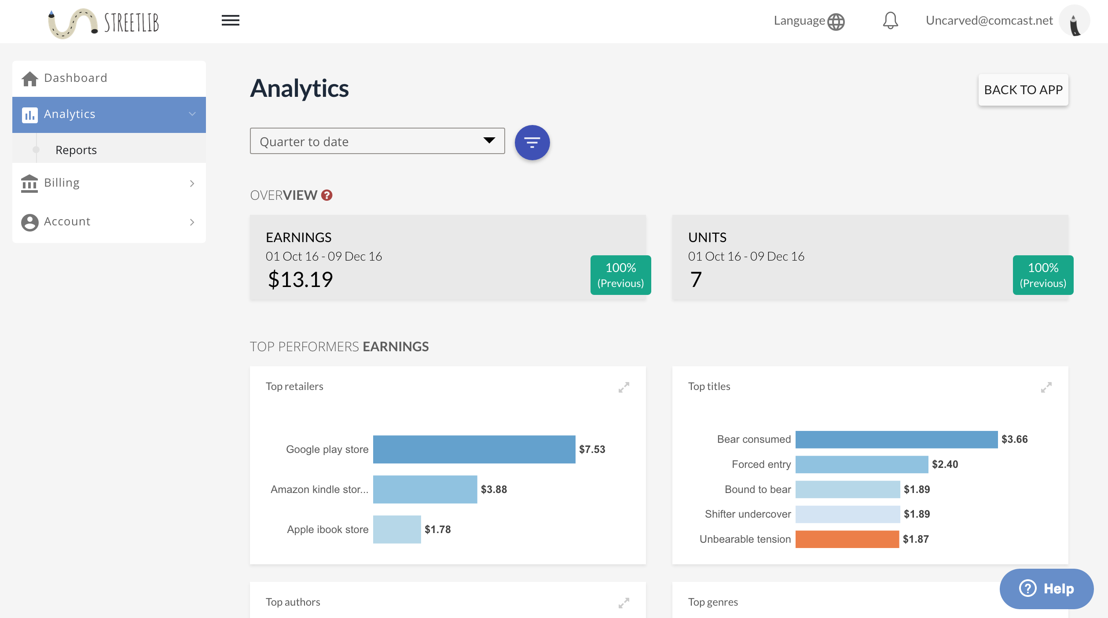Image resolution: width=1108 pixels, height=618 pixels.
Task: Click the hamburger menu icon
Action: pos(230,20)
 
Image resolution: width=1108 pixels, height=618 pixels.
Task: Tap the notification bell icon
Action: pos(890,21)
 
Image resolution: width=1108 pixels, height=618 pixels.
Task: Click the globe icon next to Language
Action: pos(836,22)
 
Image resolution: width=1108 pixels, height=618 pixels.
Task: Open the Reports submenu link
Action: pos(76,150)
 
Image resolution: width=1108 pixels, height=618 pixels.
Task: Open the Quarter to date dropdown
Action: pos(377,141)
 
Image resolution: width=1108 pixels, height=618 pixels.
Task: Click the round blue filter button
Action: pos(532,143)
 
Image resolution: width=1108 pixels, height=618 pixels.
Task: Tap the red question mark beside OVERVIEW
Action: pos(327,195)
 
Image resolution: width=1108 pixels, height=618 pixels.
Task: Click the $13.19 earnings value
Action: pos(301,280)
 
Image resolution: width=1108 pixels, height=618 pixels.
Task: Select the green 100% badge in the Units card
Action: pos(1043,275)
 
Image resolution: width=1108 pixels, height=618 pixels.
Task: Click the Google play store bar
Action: pos(474,449)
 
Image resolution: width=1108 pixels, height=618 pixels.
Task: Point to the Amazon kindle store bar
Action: pos(425,489)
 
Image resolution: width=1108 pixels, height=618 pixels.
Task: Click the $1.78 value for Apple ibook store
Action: pos(437,530)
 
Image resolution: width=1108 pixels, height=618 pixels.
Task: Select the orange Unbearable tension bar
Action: pos(847,539)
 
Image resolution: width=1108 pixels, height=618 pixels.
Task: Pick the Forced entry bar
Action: pos(862,464)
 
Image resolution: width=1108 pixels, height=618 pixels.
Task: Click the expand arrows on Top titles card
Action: pos(1046,387)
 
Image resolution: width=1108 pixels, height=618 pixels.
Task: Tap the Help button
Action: pos(1046,589)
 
